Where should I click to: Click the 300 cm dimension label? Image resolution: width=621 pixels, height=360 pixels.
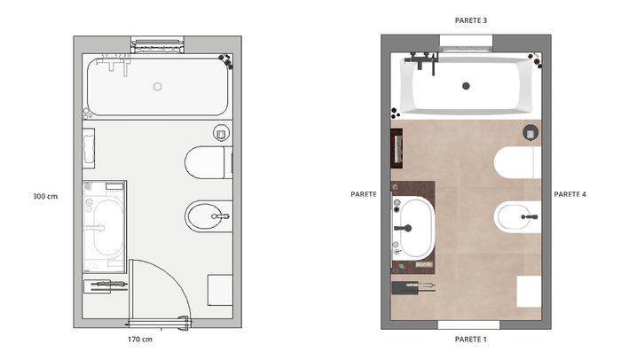45,196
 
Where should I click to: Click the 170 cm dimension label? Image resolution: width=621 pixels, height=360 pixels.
140,339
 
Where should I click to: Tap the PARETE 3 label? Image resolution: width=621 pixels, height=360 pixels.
470,20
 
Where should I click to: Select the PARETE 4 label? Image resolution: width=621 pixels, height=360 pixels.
570,194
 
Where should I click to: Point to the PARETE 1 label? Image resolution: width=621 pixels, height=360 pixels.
470,339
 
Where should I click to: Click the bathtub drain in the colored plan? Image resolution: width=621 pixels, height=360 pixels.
466,85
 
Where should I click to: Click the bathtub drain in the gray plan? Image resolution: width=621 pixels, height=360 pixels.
158,86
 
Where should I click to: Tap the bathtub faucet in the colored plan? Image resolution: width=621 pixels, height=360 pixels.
421,61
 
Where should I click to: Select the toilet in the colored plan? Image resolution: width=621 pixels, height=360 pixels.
517,162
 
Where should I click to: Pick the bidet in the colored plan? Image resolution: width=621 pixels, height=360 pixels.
517,216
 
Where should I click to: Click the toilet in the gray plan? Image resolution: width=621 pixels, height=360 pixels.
208,162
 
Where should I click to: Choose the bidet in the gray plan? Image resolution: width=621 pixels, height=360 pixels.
208,216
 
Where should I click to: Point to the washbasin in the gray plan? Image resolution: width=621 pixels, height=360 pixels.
108,228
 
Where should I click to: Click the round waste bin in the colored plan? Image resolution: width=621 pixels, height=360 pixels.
531,133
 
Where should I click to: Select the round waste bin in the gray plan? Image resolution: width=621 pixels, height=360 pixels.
222,133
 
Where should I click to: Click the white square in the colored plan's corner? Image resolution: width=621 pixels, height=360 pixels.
529,292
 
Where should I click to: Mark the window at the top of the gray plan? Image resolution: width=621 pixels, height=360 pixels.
158,44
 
